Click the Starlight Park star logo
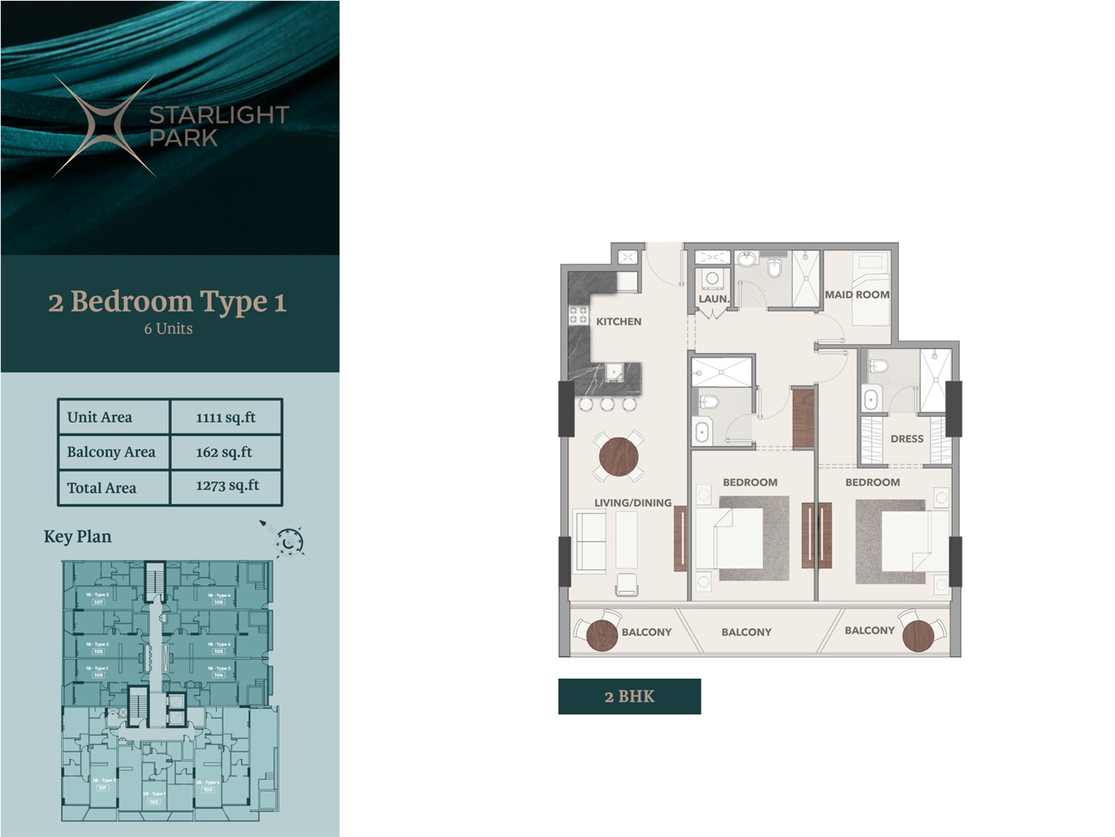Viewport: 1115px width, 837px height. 105,126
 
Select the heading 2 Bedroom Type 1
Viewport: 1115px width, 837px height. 167,302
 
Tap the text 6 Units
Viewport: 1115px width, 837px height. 168,329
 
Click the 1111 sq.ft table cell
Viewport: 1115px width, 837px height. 226,417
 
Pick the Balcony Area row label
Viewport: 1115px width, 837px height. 111,452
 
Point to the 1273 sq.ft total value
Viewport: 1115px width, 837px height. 227,486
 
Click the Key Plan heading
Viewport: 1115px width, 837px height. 77,537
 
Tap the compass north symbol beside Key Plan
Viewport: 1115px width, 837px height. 289,542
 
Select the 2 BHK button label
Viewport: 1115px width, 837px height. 629,696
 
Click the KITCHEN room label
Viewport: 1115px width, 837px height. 619,321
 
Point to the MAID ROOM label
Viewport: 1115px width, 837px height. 857,295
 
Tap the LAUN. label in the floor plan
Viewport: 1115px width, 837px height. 713,299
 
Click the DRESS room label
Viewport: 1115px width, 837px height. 907,439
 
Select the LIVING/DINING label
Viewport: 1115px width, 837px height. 633,503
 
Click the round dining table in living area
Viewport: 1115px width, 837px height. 619,457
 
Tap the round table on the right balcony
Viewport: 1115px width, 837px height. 918,635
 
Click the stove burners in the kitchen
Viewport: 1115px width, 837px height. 578,315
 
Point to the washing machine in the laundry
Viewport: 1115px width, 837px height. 712,278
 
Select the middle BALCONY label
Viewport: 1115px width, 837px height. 746,632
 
